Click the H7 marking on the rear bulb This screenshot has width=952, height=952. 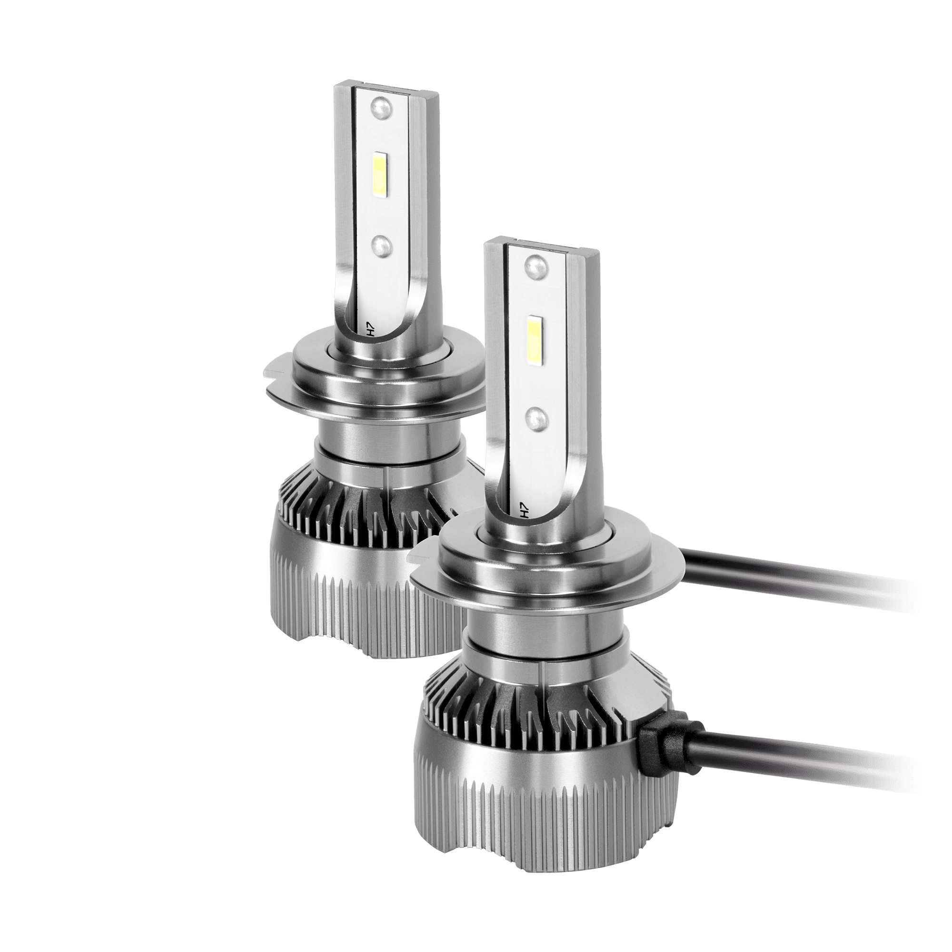point(372,329)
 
